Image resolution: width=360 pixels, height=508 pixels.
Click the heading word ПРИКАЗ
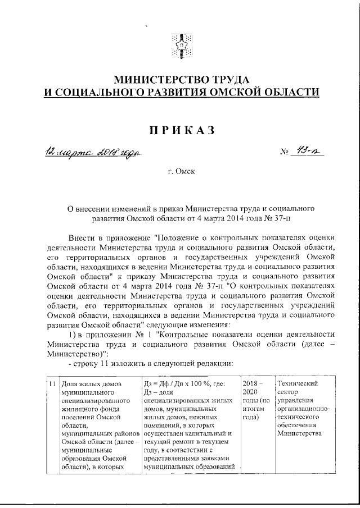[x=181, y=130]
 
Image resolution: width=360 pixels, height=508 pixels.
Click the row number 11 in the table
[x=52, y=384]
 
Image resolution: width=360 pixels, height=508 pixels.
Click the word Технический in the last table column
[x=298, y=384]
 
